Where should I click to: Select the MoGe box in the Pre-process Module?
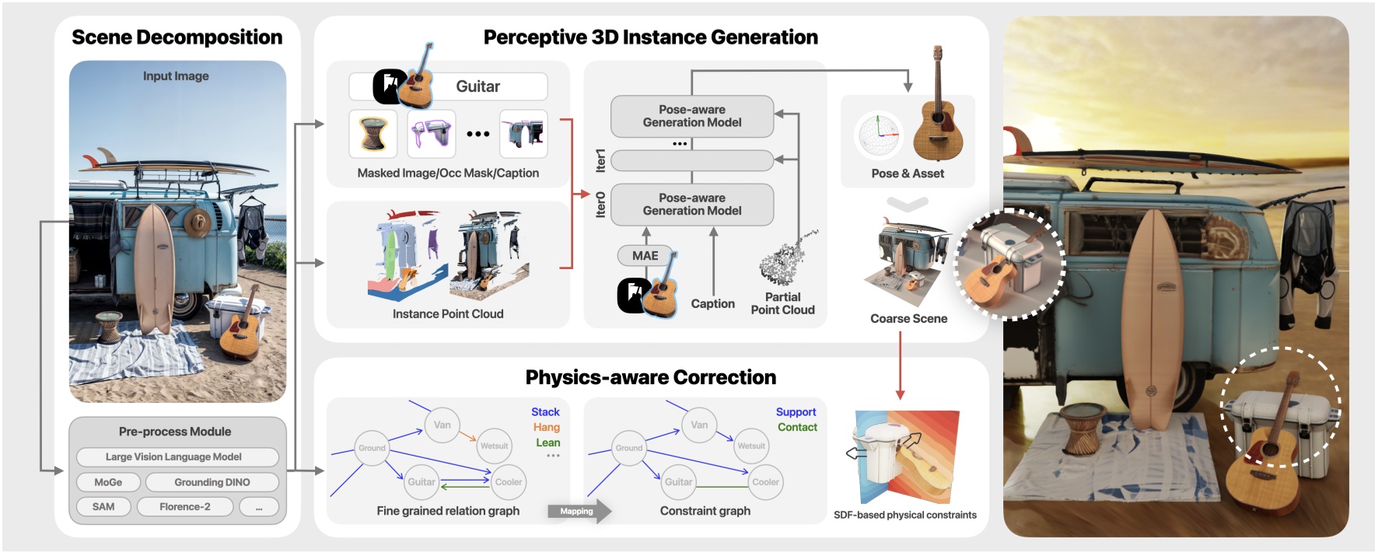pos(109,482)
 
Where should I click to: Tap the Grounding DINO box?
pos(212,482)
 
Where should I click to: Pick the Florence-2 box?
pos(185,507)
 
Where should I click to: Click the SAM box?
pos(103,507)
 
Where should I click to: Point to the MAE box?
pos(645,256)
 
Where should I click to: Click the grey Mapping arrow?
pos(579,511)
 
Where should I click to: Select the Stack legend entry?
pos(545,412)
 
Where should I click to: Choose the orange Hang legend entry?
pos(547,427)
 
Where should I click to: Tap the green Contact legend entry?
pos(797,427)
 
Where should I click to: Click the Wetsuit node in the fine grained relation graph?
pos(494,446)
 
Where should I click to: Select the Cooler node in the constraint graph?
pos(765,482)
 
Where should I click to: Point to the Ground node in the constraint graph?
pos(629,448)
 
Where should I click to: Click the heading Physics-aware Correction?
pos(651,378)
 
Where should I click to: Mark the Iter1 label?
pos(600,160)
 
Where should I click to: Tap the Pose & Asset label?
pos(908,173)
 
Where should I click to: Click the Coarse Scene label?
pos(908,319)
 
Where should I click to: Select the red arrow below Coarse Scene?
pos(900,366)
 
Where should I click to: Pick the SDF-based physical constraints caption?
pos(905,515)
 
